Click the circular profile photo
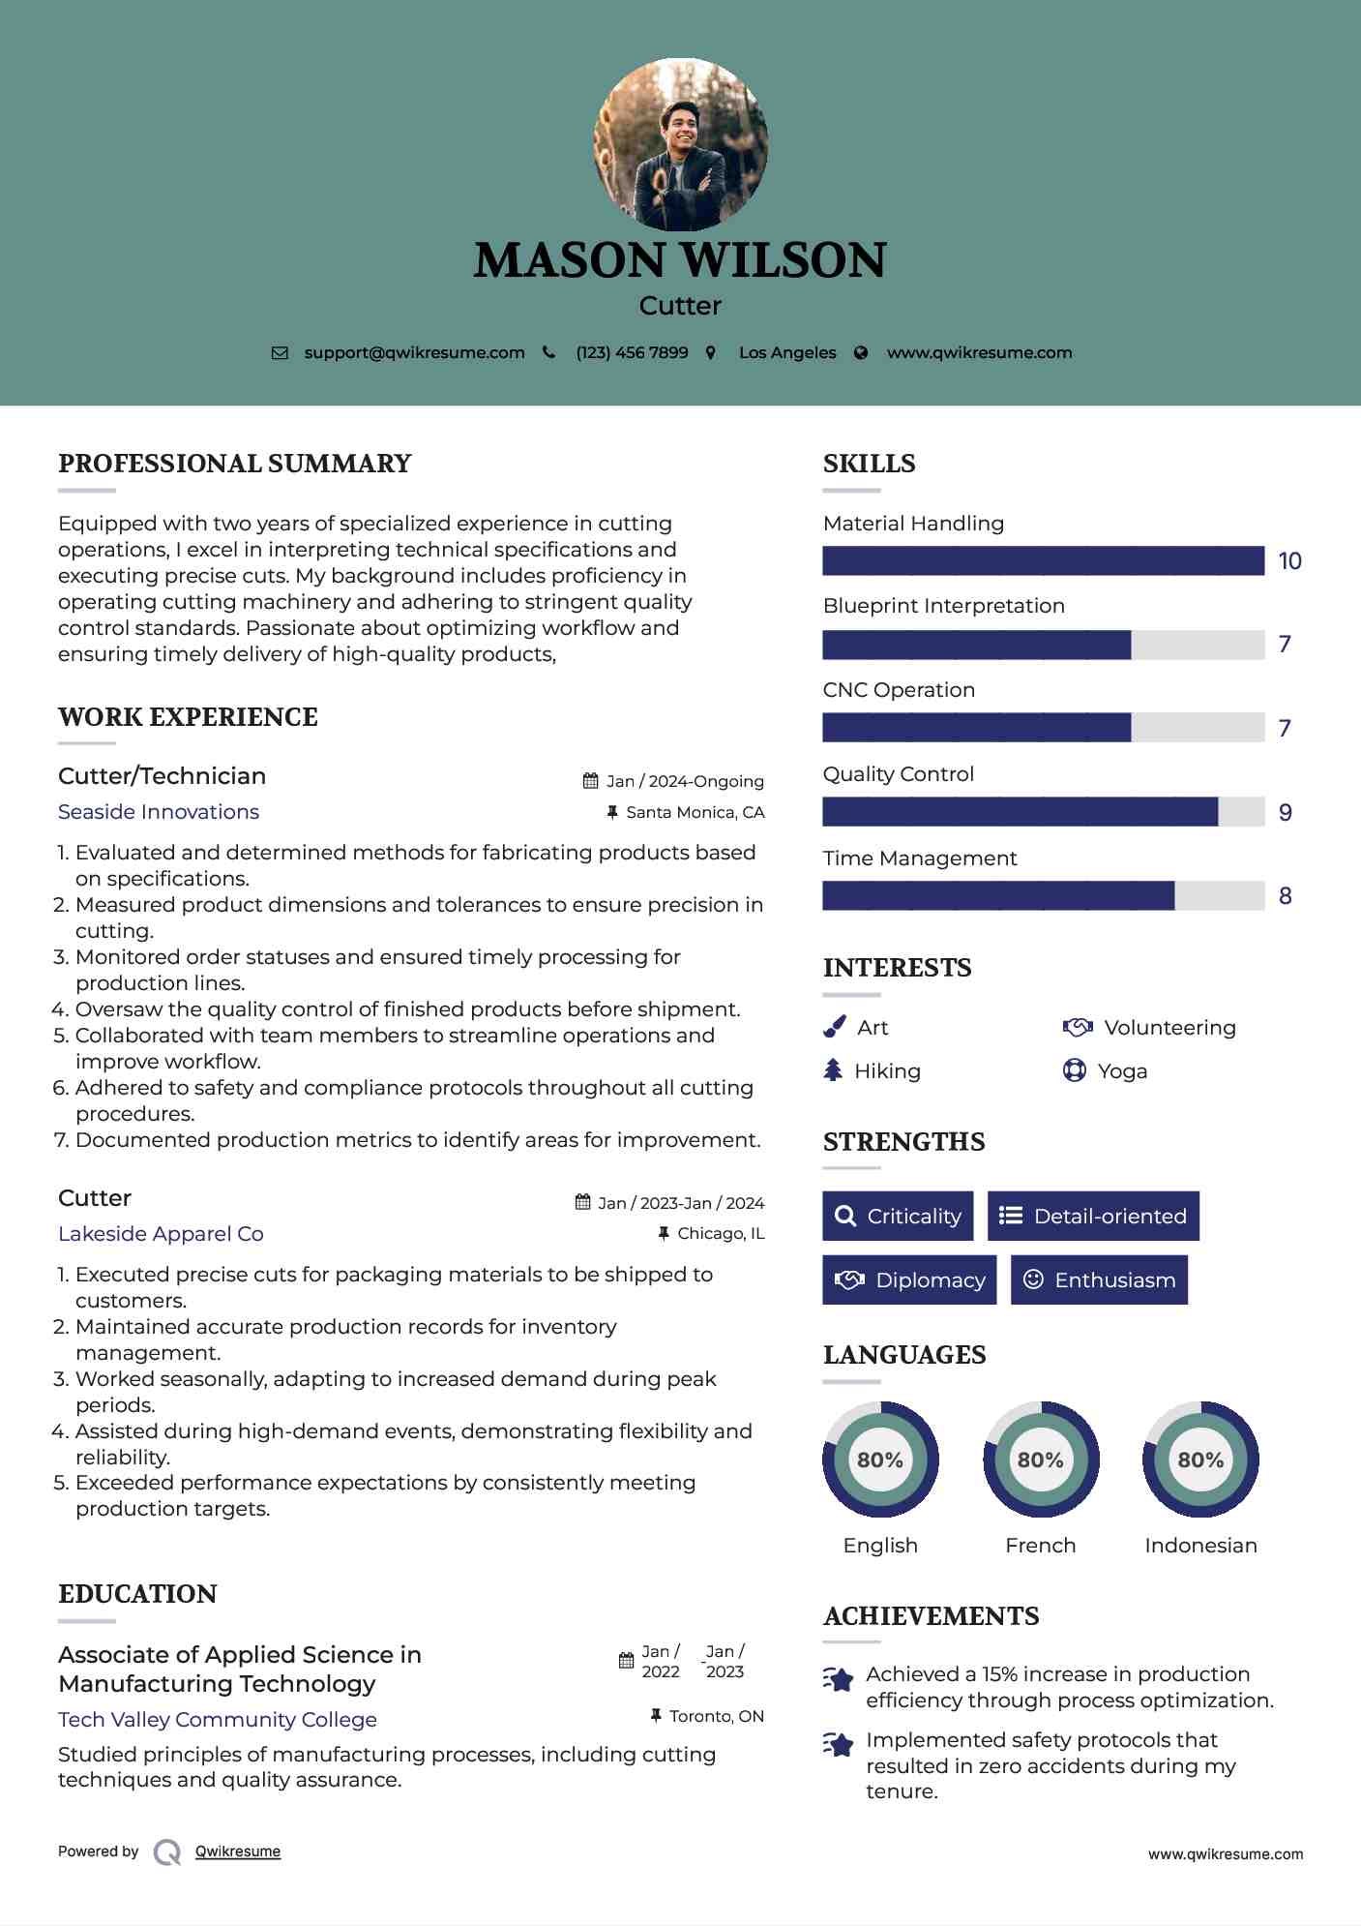point(681,144)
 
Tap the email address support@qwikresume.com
point(414,353)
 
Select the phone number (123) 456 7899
point(632,353)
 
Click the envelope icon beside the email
point(280,353)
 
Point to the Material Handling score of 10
point(1289,561)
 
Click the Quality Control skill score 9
point(1285,813)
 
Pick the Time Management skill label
point(920,858)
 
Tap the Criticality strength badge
point(898,1217)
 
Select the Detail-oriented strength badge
point(1093,1217)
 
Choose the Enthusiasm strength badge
point(1099,1280)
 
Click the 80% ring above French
point(1041,1460)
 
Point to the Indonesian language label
point(1200,1546)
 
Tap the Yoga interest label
point(1122,1071)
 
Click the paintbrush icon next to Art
point(834,1027)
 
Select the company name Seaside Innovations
point(159,812)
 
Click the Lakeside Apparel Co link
point(161,1234)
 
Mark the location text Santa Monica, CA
point(695,813)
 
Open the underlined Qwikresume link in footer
point(238,1851)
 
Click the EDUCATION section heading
point(137,1594)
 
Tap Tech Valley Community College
point(218,1720)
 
